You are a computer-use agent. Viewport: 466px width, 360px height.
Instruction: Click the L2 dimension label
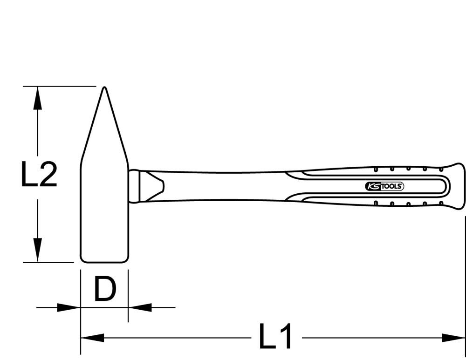[39, 175]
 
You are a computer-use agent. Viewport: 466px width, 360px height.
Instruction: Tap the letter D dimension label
[104, 289]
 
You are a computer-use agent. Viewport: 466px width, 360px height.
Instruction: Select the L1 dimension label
[276, 337]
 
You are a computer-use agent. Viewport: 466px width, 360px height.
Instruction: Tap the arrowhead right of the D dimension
[140, 307]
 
